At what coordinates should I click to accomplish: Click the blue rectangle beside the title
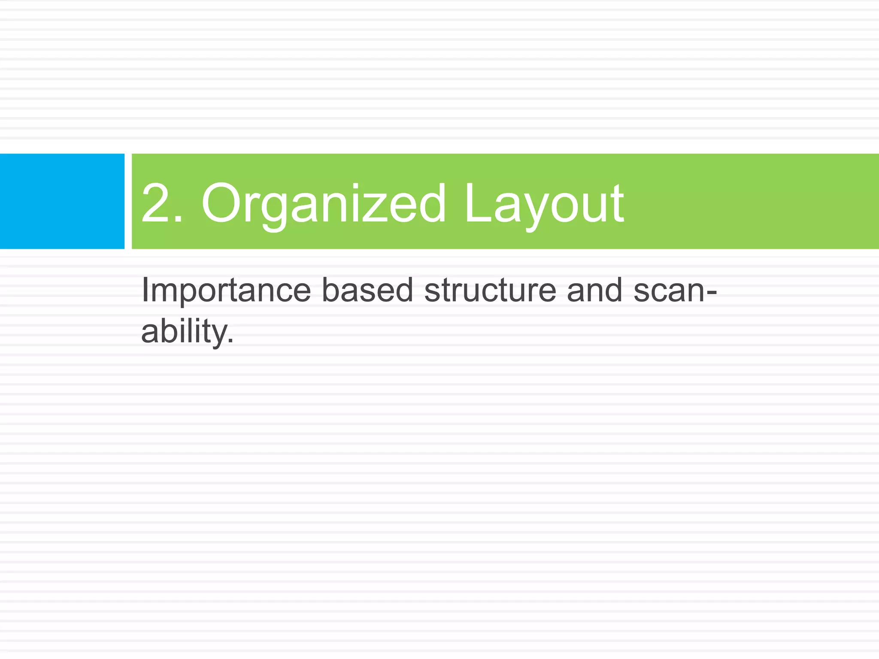pos(62,201)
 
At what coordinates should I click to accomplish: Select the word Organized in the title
pos(324,203)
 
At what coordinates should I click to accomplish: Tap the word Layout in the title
pos(544,203)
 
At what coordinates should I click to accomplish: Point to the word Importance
pos(226,290)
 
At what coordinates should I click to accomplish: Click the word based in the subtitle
pos(367,290)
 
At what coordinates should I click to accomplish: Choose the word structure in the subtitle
pos(490,290)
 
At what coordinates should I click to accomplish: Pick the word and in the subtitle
pos(594,290)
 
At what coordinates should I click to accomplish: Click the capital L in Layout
pos(476,203)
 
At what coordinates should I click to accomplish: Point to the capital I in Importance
pos(145,290)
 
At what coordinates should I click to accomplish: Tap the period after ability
pos(231,342)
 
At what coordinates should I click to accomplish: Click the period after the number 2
pos(178,219)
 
